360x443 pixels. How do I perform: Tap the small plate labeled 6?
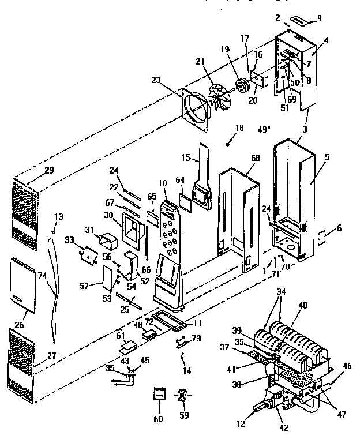point(323,238)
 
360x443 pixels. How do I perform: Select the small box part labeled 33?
point(89,254)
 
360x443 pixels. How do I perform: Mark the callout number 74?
point(43,276)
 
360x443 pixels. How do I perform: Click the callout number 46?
point(346,366)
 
